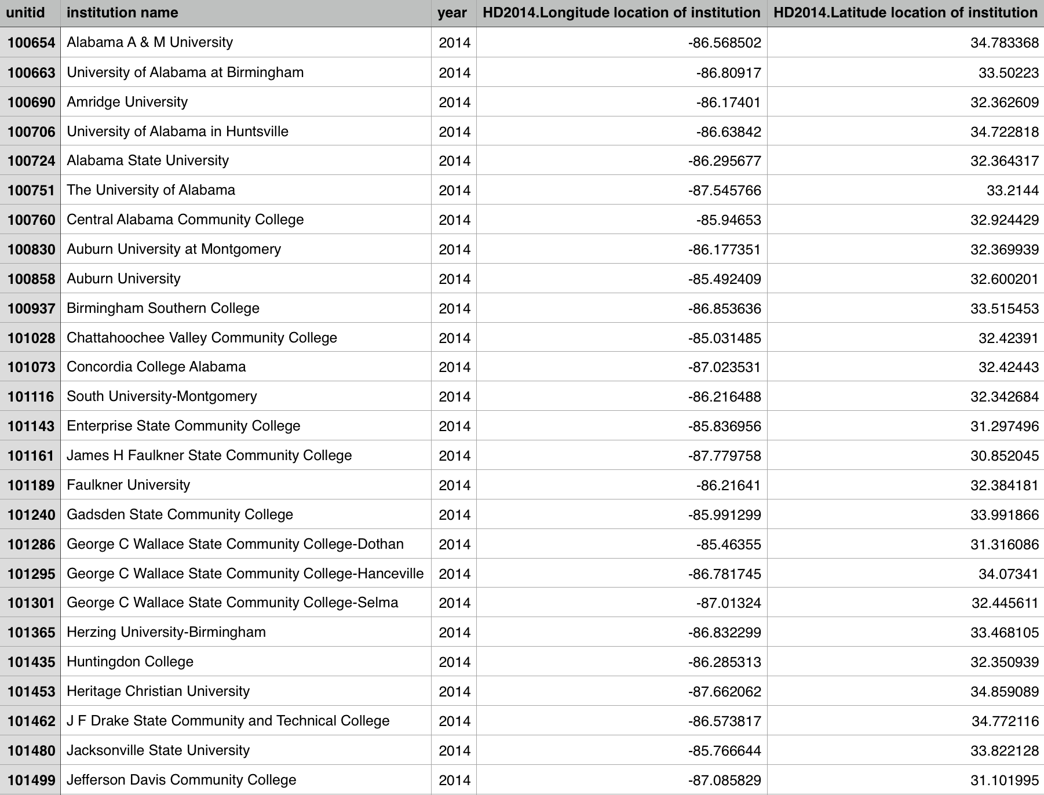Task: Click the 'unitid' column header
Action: point(25,13)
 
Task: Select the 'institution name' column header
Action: point(122,13)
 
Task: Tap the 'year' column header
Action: point(452,13)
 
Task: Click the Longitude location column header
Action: point(621,13)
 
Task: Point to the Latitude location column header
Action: point(905,13)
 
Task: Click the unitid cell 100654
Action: point(31,42)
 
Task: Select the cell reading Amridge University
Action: point(127,102)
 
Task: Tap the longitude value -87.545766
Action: point(724,191)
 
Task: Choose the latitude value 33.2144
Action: point(1012,191)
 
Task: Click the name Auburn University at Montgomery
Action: point(174,249)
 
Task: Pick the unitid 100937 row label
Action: point(31,308)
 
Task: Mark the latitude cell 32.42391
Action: point(1008,338)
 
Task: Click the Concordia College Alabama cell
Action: point(156,367)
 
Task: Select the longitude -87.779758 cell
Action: point(724,455)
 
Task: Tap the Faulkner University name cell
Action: point(129,485)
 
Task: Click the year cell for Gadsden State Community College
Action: point(454,515)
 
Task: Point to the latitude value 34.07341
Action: point(1008,574)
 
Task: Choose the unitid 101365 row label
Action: point(31,632)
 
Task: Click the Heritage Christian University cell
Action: point(158,691)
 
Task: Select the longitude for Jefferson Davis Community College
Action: point(724,780)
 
